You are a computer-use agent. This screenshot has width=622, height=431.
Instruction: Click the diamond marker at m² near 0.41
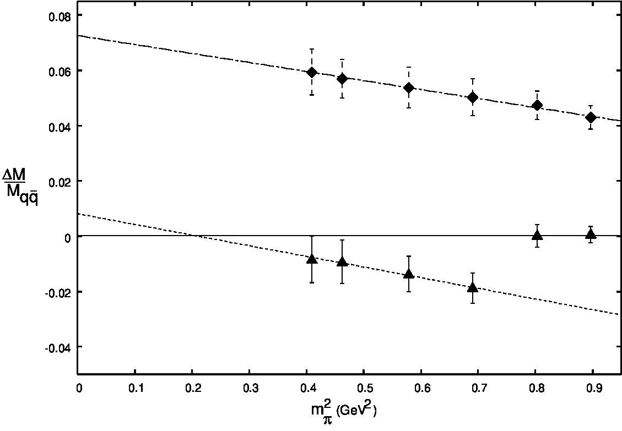(x=312, y=72)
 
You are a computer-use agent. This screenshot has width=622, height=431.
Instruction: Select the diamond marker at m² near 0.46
(x=342, y=79)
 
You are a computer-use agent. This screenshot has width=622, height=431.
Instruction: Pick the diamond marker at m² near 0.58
(x=409, y=88)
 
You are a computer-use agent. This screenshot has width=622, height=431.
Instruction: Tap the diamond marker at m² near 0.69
(x=473, y=97)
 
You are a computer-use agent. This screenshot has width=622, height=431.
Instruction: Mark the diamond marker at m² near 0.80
(x=537, y=105)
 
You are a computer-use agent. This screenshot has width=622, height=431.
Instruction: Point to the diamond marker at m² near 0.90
(x=591, y=117)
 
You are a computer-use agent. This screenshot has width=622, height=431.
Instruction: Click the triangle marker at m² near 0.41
(x=312, y=259)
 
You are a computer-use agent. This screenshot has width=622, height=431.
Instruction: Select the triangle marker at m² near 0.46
(x=342, y=261)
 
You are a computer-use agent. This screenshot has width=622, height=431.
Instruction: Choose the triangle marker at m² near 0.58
(x=409, y=274)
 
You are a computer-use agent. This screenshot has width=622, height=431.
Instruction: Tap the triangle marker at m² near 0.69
(x=473, y=287)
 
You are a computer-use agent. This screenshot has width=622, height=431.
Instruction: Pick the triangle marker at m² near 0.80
(x=537, y=234)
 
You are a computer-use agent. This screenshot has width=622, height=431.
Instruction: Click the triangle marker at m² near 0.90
(x=591, y=233)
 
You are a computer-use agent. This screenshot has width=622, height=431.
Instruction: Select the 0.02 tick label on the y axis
(x=59, y=183)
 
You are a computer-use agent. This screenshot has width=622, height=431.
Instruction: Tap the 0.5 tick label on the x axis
(x=364, y=387)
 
